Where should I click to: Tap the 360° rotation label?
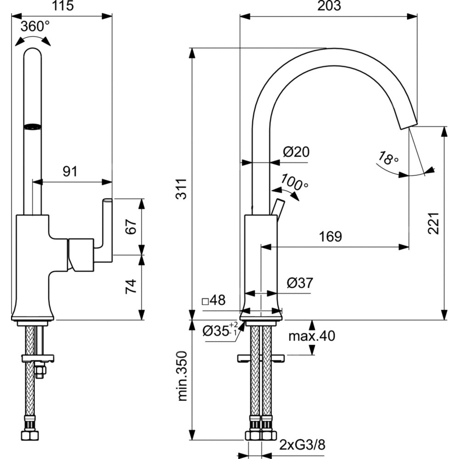(x=35, y=27)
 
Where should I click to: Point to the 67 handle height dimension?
(x=132, y=227)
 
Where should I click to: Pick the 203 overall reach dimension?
(x=329, y=6)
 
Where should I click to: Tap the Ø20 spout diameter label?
(x=296, y=151)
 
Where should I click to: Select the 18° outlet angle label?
(x=388, y=159)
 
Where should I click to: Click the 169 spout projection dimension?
(x=330, y=236)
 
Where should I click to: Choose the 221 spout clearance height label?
(x=433, y=224)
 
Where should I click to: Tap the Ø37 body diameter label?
(x=299, y=283)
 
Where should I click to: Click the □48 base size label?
(x=214, y=301)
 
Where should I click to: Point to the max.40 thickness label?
(x=311, y=336)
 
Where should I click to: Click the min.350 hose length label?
(x=183, y=376)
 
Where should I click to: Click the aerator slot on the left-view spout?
(x=33, y=126)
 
